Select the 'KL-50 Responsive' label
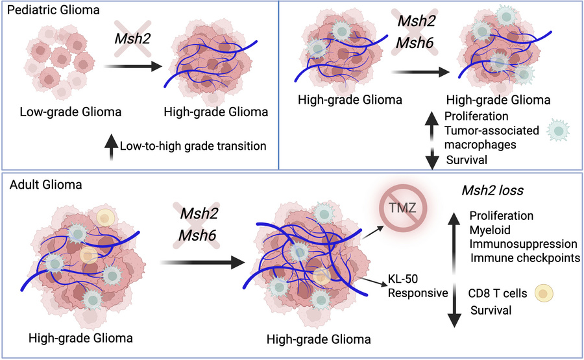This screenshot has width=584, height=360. click(x=417, y=287)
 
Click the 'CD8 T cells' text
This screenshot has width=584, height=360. click(x=498, y=292)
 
